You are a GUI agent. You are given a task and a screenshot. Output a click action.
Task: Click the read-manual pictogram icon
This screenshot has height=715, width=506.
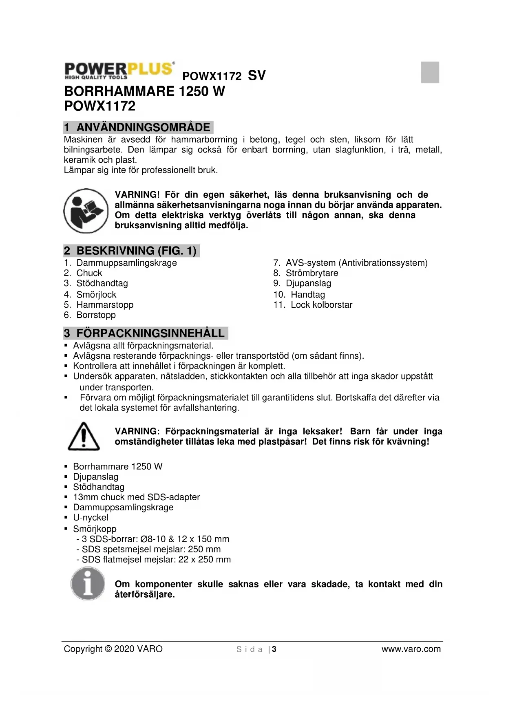86,211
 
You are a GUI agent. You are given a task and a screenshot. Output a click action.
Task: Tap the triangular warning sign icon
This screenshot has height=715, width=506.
84,437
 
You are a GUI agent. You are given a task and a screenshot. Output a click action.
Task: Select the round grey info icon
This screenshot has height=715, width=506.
87,584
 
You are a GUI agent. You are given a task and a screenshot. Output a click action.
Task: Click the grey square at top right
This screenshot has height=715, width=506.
430,73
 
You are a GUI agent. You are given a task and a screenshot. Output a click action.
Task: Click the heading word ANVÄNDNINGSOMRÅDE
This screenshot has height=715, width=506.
143,128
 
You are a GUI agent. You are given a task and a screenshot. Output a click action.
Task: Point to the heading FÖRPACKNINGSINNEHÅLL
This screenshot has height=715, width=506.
150,333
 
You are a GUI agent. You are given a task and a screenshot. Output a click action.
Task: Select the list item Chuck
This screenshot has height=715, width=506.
89,273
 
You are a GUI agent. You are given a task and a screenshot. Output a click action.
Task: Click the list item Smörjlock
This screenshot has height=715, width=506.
96,295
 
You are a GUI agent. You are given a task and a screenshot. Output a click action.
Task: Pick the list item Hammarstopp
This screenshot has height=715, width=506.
105,305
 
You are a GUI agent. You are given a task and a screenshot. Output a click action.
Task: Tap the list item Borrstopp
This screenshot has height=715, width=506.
96,315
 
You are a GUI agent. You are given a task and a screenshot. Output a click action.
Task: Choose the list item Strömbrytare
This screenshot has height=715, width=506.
312,273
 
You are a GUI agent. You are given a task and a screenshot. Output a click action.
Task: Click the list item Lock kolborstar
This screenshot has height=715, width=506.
321,305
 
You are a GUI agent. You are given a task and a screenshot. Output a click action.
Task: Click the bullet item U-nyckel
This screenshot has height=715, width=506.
91,518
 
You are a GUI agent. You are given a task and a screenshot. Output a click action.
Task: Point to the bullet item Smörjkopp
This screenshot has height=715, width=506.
95,529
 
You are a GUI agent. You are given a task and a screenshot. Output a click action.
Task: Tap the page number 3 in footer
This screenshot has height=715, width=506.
274,649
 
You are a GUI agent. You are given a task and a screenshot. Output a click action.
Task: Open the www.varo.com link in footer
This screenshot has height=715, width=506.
411,649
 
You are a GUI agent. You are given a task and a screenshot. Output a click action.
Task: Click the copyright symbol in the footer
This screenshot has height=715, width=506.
108,649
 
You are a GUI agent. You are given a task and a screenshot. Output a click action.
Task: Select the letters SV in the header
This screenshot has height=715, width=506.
256,75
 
